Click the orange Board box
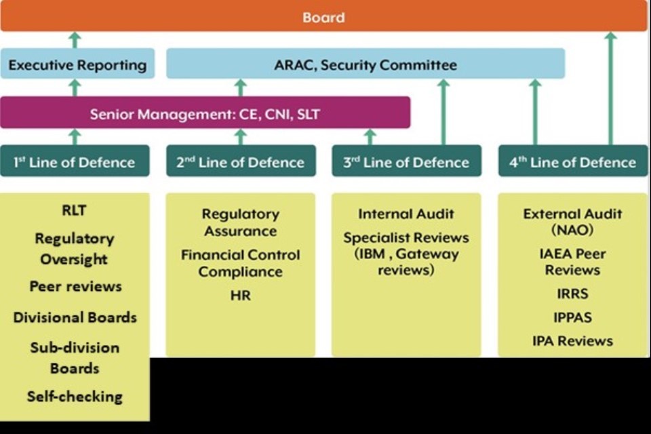pyautogui.click(x=323, y=16)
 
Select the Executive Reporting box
pyautogui.click(x=77, y=65)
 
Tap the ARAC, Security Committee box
pyautogui.click(x=366, y=65)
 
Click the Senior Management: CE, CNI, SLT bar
pyautogui.click(x=205, y=114)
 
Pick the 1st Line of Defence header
pyautogui.click(x=75, y=162)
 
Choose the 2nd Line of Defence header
pyautogui.click(x=241, y=162)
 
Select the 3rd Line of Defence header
pyautogui.click(x=406, y=162)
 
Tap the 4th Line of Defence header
pyautogui.click(x=573, y=162)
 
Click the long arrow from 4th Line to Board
pyautogui.click(x=610, y=88)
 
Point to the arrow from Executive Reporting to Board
pyautogui.click(x=75, y=40)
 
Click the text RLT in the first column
pyautogui.click(x=74, y=211)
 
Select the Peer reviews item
pyautogui.click(x=75, y=286)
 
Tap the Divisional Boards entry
pyautogui.click(x=75, y=317)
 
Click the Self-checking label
pyautogui.click(x=75, y=396)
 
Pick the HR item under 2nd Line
pyautogui.click(x=240, y=296)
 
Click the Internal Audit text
pyautogui.click(x=406, y=214)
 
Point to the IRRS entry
pyautogui.click(x=573, y=294)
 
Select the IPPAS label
pyautogui.click(x=573, y=317)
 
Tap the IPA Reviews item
pyautogui.click(x=573, y=340)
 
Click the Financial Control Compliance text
pyautogui.click(x=240, y=263)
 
